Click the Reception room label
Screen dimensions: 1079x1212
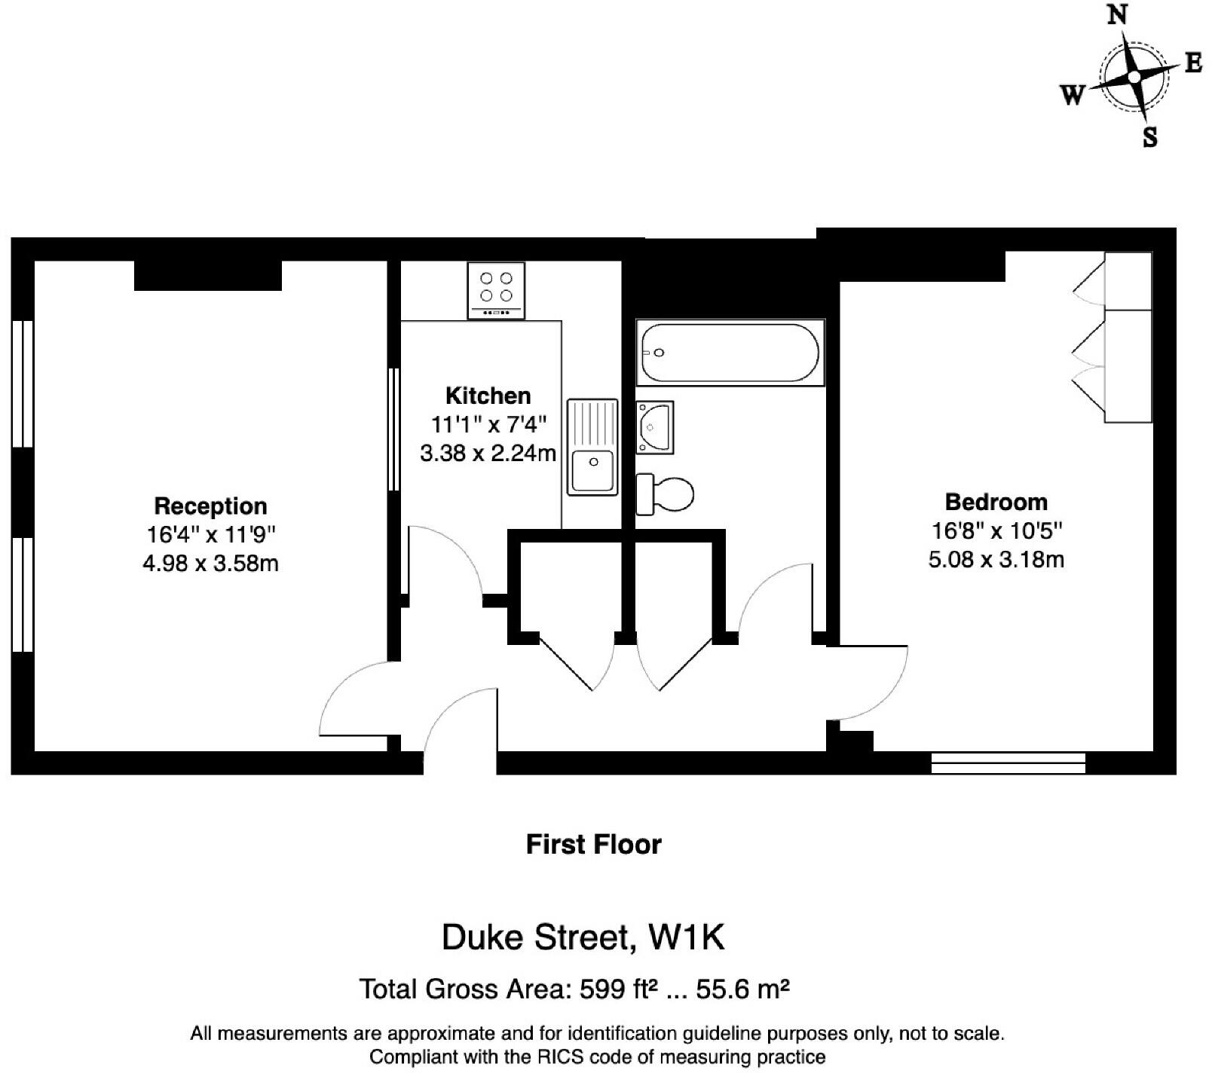coord(210,506)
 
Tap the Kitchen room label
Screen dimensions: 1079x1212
coord(488,396)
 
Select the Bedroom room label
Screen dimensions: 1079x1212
coord(996,502)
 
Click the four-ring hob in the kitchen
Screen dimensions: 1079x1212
coord(496,290)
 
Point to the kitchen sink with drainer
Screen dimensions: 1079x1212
coord(592,447)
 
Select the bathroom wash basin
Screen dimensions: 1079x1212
coord(654,427)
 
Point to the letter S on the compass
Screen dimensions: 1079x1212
coord(1149,138)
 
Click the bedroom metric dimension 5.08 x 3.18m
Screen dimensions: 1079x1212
coord(996,560)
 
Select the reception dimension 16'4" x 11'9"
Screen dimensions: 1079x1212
coord(210,535)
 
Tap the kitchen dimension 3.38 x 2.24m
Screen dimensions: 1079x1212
coord(488,454)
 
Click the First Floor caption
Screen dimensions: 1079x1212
coord(593,845)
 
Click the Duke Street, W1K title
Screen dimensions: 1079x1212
coord(583,938)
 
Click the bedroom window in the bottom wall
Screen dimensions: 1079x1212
coord(1008,763)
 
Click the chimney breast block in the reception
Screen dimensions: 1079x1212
coord(207,275)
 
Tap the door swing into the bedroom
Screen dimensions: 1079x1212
coord(874,682)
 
